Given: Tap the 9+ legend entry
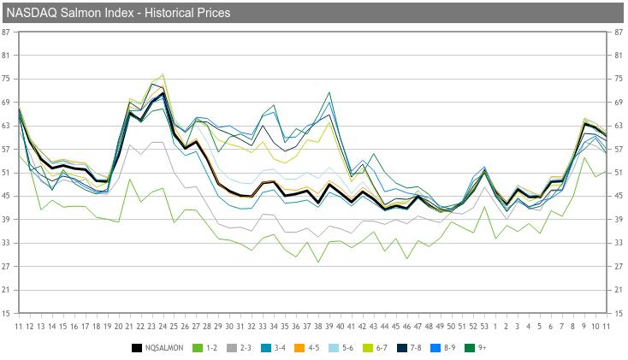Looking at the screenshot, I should coord(477,348).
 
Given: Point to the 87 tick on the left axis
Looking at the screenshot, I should coord(7,32).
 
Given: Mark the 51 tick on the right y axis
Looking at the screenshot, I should coord(619,173).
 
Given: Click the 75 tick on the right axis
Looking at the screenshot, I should coord(619,79).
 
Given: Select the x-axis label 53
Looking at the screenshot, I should coord(485,326).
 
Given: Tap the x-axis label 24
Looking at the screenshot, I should coord(163,326).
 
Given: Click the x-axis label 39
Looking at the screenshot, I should coord(329,326).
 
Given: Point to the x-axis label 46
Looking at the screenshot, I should coord(407,326).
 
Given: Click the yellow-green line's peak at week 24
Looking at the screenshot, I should coord(163,74).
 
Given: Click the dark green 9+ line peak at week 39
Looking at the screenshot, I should coord(329,92).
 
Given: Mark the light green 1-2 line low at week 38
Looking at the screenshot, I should coord(318,262).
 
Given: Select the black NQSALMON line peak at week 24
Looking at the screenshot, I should coord(163,93).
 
